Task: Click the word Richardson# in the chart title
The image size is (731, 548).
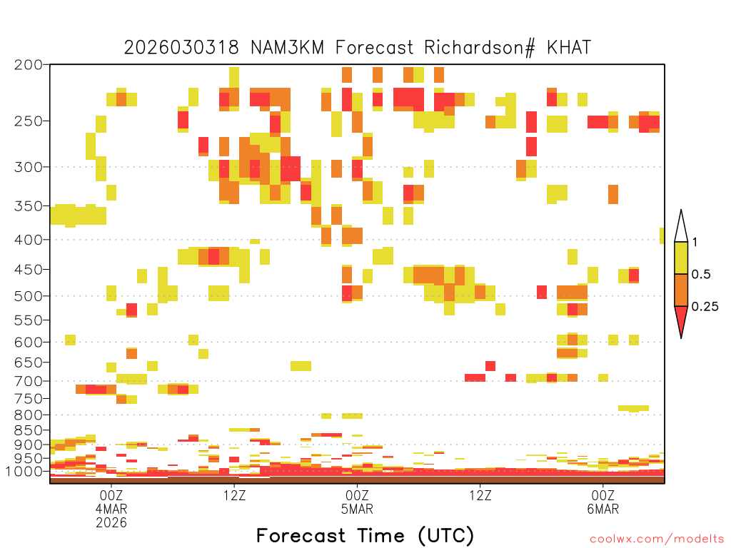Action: tap(479, 48)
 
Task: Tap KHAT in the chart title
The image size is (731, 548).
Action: tap(569, 48)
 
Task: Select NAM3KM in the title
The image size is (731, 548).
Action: tap(287, 48)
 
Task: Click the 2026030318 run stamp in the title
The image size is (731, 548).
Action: tap(181, 48)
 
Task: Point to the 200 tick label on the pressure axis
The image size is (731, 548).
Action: tap(29, 65)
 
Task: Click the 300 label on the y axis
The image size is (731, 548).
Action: tap(29, 167)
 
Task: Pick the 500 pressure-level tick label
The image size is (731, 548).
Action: tap(29, 296)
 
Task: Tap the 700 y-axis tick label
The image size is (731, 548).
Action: tap(29, 381)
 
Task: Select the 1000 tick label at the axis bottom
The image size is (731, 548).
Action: tap(24, 471)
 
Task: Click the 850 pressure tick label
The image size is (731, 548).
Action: tap(29, 430)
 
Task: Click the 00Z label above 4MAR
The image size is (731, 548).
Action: tap(111, 495)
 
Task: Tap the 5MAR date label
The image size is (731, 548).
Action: tap(357, 509)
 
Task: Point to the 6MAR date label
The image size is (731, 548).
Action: tap(603, 509)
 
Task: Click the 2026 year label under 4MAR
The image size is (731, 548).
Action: tap(111, 522)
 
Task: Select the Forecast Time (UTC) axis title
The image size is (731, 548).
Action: tap(365, 535)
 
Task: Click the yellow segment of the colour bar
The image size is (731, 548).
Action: tap(681, 258)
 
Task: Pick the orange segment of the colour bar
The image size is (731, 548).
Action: tap(681, 290)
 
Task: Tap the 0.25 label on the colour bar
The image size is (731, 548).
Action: tap(705, 306)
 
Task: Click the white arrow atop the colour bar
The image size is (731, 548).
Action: tap(681, 226)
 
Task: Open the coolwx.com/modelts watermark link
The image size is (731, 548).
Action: tap(657, 539)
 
